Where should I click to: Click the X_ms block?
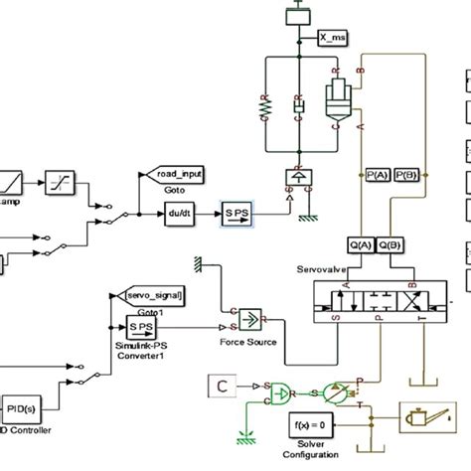(335, 39)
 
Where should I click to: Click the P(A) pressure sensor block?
(378, 175)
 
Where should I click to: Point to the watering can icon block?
(422, 414)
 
